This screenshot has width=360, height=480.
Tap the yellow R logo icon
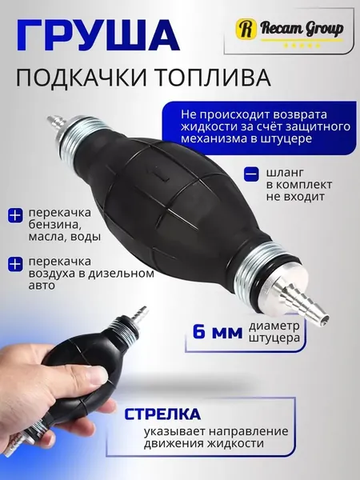point(246,28)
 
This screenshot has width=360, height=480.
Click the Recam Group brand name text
point(302,29)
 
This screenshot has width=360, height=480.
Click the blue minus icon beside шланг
point(252,174)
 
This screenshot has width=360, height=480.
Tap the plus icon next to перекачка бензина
point(15,215)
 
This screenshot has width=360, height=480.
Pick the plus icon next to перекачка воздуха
point(15,265)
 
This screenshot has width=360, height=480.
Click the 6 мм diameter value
point(218,331)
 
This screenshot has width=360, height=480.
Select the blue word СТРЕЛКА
point(162,414)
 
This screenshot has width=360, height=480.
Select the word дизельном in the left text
point(121,274)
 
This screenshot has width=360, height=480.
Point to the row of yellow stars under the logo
point(302,46)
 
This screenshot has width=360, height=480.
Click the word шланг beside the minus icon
point(285,174)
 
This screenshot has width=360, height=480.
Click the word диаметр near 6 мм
point(274,326)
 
